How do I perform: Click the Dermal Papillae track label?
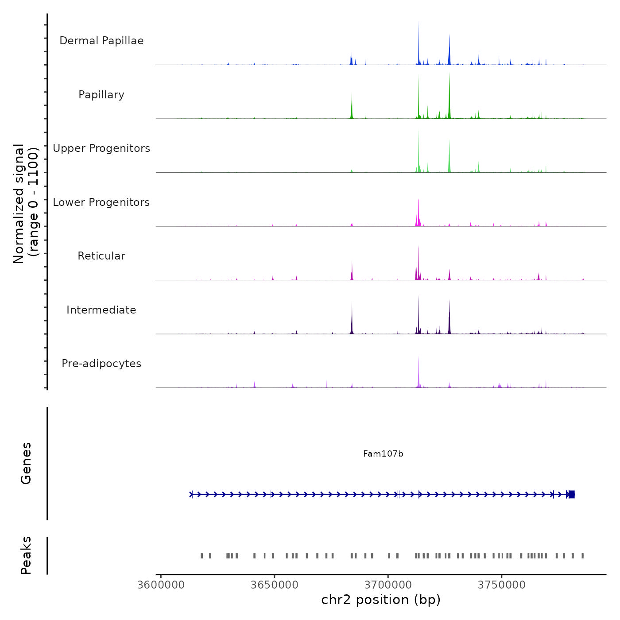click(x=101, y=41)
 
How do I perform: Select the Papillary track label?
click(x=101, y=95)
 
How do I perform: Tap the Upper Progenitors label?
click(x=101, y=148)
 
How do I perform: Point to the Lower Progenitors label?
click(x=101, y=202)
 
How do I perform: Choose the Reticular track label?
click(x=101, y=256)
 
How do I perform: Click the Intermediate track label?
click(x=101, y=310)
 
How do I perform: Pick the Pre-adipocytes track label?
click(x=101, y=364)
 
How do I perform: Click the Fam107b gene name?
click(x=383, y=454)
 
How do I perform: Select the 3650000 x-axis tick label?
click(x=274, y=585)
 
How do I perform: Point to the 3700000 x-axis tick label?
click(x=388, y=585)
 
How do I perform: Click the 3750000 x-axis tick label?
click(x=502, y=585)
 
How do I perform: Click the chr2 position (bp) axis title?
click(x=381, y=600)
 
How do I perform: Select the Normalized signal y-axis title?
click(x=26, y=203)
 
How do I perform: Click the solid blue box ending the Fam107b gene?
click(x=571, y=494)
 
